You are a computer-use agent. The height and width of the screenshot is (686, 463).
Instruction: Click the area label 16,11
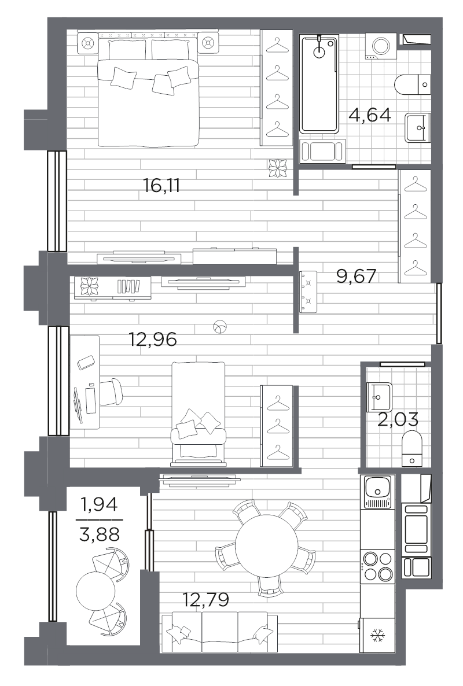click(161, 186)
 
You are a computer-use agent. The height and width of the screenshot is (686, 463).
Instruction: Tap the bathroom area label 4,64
click(370, 115)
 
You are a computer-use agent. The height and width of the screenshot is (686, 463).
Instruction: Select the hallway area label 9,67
click(357, 276)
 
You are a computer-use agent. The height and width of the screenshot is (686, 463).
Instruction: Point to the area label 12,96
click(153, 339)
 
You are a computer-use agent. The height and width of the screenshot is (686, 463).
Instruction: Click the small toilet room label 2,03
click(398, 419)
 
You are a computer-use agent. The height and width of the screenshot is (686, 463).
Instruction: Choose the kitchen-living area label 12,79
click(205, 599)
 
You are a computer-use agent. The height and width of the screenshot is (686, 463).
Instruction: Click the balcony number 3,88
click(100, 534)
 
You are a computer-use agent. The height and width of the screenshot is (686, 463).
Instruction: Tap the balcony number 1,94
click(100, 505)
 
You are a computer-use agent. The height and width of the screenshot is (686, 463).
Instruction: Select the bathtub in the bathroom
click(319, 84)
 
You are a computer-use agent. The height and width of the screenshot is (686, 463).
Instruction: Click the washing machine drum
click(380, 45)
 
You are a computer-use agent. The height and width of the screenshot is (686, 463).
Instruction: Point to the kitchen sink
click(377, 492)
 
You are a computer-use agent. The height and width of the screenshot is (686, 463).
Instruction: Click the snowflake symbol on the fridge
click(376, 634)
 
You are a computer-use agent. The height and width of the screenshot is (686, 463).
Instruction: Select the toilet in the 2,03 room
click(412, 448)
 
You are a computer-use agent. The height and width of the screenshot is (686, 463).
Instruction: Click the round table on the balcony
click(95, 591)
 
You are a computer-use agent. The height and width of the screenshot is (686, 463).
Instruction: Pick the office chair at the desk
click(111, 392)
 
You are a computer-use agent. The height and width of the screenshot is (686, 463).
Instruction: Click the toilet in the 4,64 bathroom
click(412, 84)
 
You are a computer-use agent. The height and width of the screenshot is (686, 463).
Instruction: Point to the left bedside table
click(87, 43)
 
